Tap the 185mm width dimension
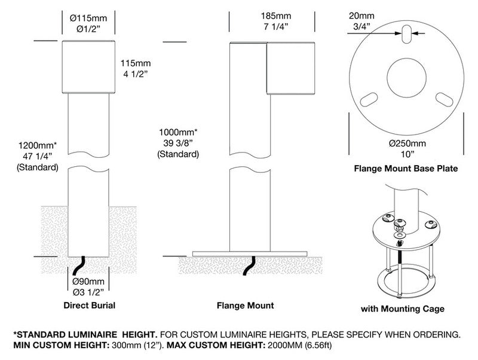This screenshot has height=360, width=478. [272, 16]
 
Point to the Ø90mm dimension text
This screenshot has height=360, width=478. [88, 282]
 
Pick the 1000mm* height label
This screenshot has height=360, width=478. [178, 132]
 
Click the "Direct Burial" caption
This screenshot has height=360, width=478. [89, 306]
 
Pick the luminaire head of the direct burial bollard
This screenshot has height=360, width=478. [88, 68]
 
